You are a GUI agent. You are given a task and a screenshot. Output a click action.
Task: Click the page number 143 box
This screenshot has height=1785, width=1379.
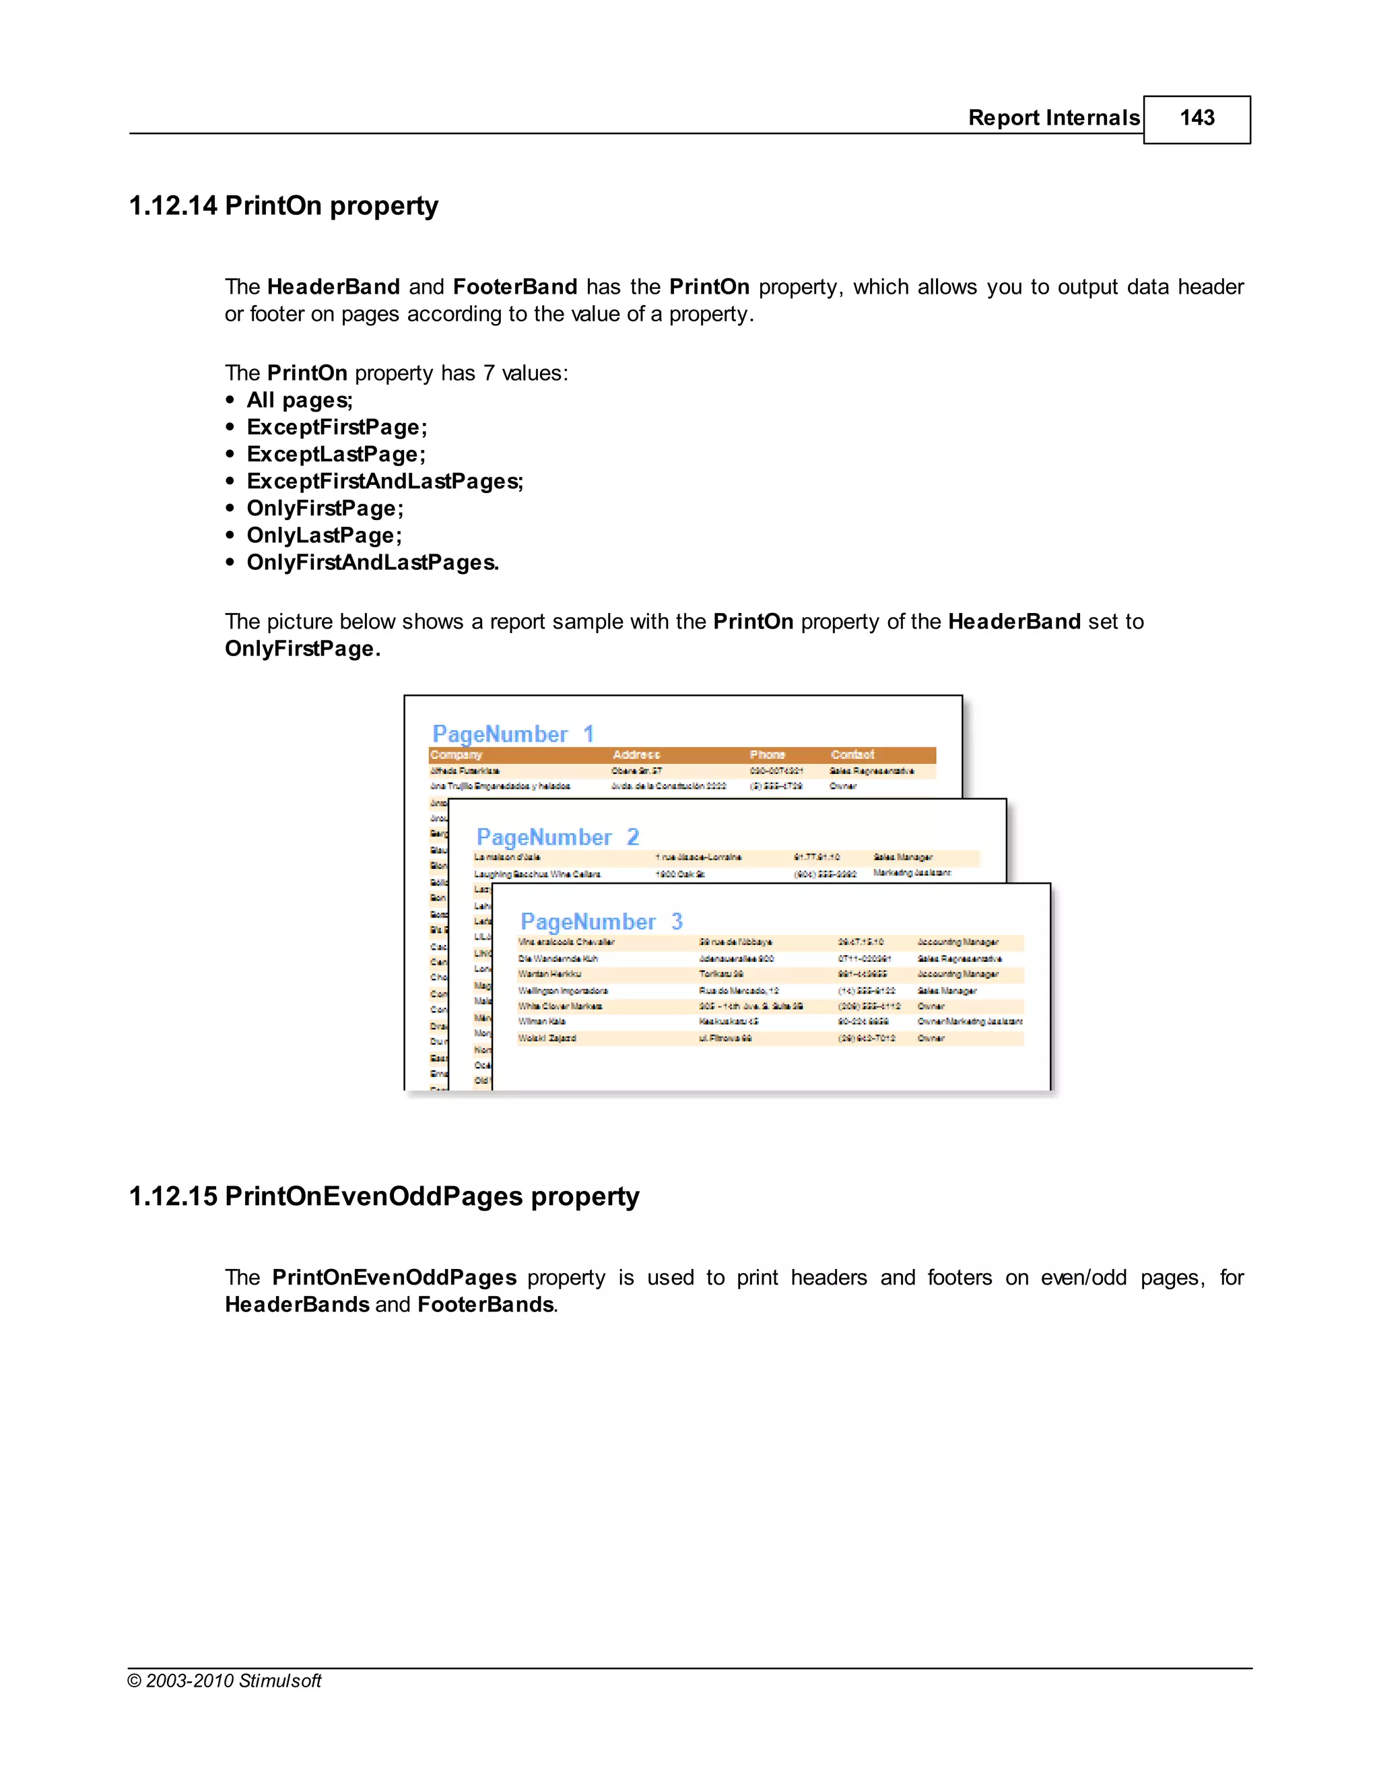[x=1196, y=119]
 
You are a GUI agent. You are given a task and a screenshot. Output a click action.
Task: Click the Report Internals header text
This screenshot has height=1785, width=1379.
[x=1053, y=119]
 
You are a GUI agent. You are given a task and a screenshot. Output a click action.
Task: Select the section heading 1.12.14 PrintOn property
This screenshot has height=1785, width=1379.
[x=283, y=206]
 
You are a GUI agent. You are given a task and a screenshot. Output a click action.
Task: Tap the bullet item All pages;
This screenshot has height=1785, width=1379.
[x=299, y=401]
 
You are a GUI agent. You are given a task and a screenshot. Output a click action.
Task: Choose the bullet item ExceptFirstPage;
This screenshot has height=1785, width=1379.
[x=337, y=428]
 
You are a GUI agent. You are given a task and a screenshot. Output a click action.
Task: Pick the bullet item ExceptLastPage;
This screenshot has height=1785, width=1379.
[x=336, y=455]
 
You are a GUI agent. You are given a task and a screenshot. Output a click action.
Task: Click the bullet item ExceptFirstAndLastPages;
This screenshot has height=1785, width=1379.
[x=384, y=482]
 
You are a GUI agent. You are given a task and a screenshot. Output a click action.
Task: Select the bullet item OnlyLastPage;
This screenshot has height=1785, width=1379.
[x=325, y=535]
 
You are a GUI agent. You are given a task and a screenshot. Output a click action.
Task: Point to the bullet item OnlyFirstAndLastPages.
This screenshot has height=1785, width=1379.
[x=372, y=562]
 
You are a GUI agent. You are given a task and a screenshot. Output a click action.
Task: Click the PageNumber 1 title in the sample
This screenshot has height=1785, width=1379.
[x=512, y=734]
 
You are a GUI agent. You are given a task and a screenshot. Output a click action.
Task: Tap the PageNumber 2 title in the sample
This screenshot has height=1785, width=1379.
[x=557, y=837]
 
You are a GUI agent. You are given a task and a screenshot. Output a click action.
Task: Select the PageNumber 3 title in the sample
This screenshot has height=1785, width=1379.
[x=601, y=922]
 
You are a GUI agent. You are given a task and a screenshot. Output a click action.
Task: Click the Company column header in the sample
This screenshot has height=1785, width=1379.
[x=457, y=755]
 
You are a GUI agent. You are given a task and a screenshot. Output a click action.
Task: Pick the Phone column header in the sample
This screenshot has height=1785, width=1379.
[x=767, y=755]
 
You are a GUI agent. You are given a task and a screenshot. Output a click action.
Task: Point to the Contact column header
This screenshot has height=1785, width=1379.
[x=852, y=755]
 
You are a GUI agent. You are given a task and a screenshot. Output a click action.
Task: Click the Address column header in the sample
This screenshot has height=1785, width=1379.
[x=636, y=755]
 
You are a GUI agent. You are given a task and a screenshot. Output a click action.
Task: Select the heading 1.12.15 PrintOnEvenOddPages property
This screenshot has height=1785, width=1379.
[x=384, y=1196]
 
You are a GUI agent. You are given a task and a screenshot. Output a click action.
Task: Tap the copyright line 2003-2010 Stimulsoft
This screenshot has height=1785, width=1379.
[x=225, y=1681]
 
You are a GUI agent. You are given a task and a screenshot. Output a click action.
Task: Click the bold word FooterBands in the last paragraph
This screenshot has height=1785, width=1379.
[x=485, y=1305]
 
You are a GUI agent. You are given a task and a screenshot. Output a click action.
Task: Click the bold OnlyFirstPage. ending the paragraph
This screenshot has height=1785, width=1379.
[x=302, y=649]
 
